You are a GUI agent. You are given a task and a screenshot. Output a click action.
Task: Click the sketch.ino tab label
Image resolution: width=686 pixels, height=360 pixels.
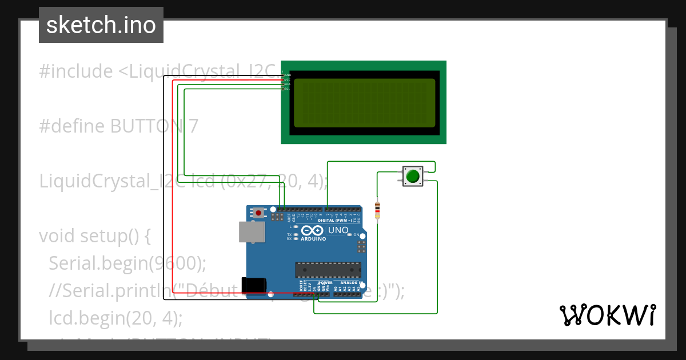(x=101, y=25)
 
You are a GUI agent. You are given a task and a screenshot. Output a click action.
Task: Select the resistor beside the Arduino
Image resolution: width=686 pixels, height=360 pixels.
(x=377, y=210)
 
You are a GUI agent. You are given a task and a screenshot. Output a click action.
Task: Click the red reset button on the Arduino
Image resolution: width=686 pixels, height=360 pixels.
(x=258, y=213)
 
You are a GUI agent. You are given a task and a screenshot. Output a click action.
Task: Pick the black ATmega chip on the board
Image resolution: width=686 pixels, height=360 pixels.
(x=328, y=270)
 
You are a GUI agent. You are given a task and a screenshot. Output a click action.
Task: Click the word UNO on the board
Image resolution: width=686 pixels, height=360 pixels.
(x=338, y=230)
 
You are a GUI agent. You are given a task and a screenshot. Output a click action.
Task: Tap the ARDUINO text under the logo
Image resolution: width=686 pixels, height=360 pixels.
(x=313, y=239)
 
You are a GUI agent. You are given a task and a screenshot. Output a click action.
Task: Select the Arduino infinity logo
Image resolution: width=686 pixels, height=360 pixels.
(x=313, y=230)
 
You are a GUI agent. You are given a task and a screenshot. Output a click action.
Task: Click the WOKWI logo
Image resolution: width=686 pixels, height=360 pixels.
(x=607, y=315)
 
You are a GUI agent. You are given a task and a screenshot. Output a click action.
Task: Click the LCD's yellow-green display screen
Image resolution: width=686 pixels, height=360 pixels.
(x=364, y=103)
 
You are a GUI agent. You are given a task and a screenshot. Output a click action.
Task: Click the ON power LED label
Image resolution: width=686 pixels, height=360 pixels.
(x=356, y=235)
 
